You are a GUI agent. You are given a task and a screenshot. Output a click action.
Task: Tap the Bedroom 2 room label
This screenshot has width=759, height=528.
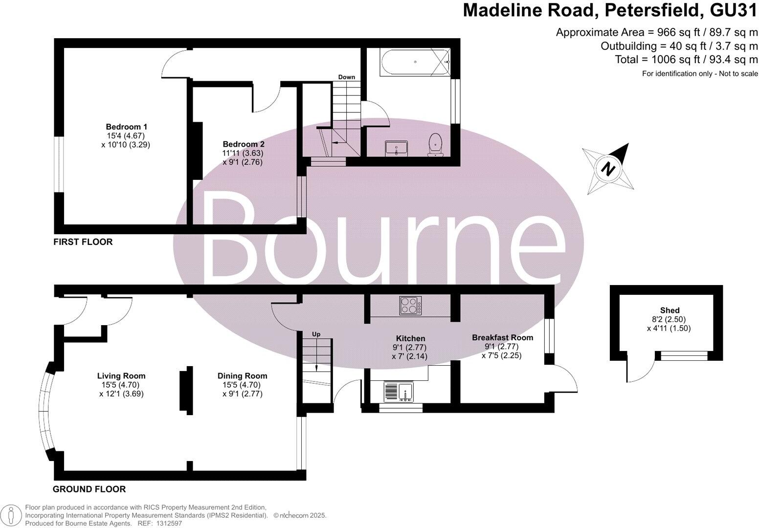[243, 144]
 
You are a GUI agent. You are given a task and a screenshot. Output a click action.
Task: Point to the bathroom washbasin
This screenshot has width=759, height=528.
[397, 148]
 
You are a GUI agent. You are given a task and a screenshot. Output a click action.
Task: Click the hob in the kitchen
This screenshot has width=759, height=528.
[410, 306]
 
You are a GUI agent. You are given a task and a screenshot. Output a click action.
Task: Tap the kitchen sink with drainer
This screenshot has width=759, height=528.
[399, 392]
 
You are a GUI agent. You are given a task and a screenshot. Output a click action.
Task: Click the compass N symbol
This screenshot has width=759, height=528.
[608, 169]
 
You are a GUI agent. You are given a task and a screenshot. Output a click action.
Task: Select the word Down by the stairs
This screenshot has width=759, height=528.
[347, 77]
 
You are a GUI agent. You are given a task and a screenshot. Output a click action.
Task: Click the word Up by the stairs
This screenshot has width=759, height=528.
[316, 334]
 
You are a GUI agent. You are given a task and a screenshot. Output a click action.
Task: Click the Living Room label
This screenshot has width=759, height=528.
[121, 376]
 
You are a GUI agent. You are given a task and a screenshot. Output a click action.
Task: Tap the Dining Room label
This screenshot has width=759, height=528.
[242, 376]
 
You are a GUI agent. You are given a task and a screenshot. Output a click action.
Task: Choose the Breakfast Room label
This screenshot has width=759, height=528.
[502, 337]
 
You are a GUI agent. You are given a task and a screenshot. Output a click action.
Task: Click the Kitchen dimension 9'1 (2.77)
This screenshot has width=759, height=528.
[410, 347]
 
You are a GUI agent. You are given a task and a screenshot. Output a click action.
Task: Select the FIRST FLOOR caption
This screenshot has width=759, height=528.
[83, 242]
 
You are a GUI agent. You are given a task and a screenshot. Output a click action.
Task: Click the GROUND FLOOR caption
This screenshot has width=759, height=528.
[89, 489]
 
